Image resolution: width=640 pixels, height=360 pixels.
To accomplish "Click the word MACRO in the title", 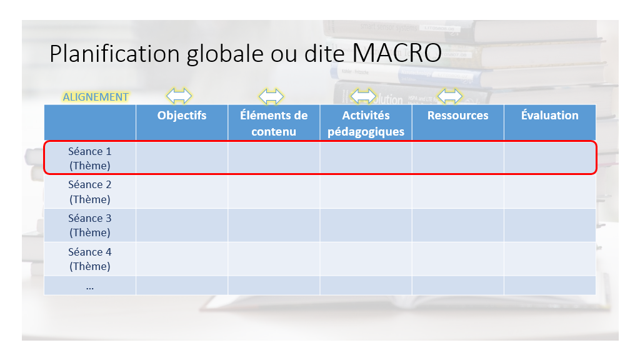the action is (x=397, y=53).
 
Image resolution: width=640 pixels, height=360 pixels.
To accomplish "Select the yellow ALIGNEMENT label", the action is (x=96, y=97).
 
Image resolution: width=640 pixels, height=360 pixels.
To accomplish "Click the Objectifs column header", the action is (x=182, y=116).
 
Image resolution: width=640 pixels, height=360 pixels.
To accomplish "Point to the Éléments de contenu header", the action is (x=274, y=123).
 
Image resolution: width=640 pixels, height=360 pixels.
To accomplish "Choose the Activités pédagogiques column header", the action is (x=366, y=123).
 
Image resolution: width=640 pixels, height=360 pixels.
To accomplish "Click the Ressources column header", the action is (x=457, y=116).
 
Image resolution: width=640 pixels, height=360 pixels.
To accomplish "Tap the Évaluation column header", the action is (x=549, y=115).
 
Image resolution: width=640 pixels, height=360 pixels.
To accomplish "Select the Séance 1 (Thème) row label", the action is (x=90, y=158).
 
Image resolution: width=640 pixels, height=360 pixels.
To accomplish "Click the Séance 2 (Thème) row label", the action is (x=90, y=192).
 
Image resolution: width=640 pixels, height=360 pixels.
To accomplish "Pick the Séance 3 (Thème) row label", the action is (x=90, y=225).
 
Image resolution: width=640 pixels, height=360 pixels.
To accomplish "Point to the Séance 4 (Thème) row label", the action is (x=90, y=259).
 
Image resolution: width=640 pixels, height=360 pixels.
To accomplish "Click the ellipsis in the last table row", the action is (x=90, y=287).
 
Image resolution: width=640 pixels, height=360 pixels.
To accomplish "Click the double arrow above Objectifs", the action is (x=179, y=96).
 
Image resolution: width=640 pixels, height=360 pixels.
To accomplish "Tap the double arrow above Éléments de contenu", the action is (x=271, y=96).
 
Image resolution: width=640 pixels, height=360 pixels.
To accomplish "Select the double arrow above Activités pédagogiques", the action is (x=363, y=96).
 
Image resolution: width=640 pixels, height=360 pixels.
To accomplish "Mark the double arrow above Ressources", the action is (x=450, y=96).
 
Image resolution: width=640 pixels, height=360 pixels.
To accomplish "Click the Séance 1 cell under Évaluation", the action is (x=550, y=158).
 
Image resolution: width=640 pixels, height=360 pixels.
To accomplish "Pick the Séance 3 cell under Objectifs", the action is (x=182, y=225).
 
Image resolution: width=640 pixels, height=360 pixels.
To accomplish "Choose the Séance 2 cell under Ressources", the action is (x=458, y=192).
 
